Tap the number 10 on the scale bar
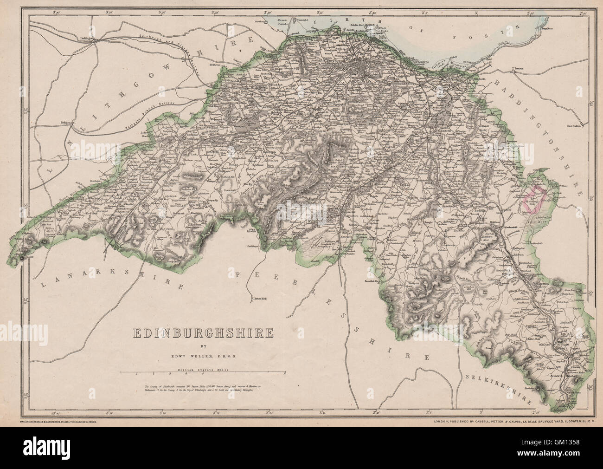point(285,373)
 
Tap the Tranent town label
point(517,69)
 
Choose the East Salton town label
point(574,125)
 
